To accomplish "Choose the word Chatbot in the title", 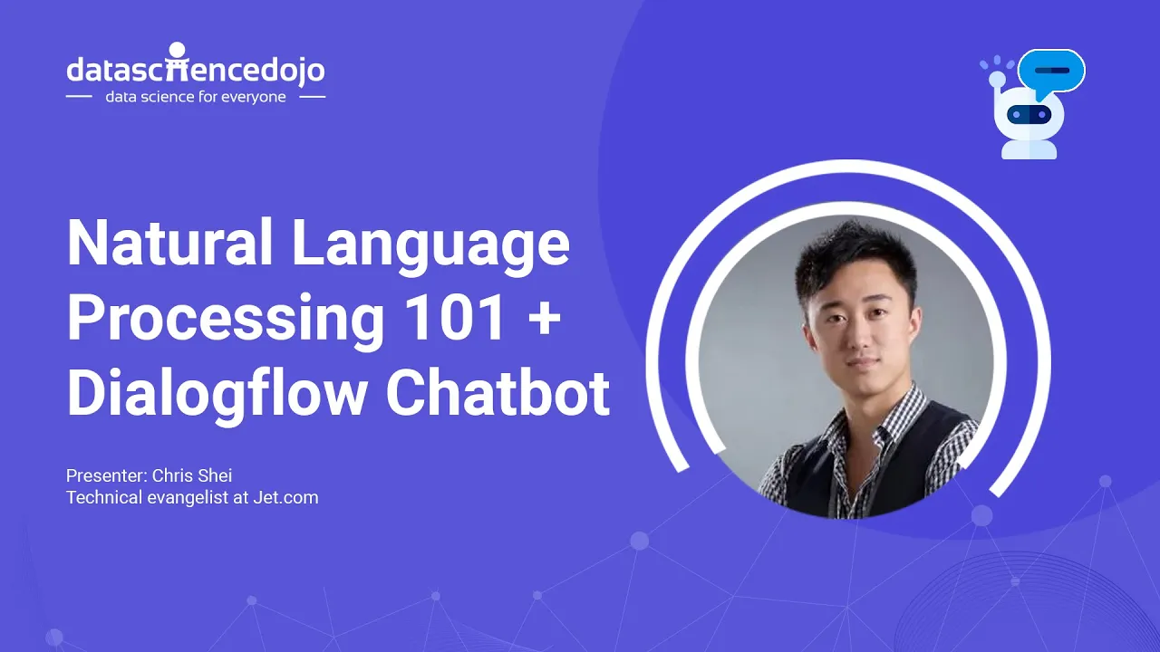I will tap(498, 393).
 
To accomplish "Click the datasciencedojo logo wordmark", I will tap(195, 69).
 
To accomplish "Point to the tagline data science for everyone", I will tap(195, 97).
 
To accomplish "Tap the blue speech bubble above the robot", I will tap(1051, 70).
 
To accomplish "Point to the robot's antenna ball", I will tap(997, 80).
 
